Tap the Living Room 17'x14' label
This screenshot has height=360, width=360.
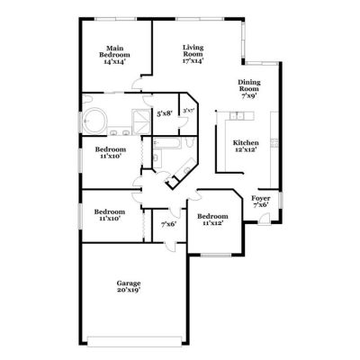click(193, 54)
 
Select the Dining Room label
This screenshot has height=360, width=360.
click(249, 85)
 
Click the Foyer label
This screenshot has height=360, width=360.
click(261, 198)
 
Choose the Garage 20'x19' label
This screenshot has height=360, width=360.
click(129, 286)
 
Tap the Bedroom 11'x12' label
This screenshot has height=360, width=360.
click(212, 220)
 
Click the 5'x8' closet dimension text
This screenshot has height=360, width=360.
click(165, 113)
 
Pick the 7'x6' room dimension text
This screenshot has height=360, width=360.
click(169, 224)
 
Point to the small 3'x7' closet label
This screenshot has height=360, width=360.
click(189, 111)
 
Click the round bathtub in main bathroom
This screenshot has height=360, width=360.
click(94, 121)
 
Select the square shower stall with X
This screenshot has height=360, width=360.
click(141, 121)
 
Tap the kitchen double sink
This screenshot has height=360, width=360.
click(238, 115)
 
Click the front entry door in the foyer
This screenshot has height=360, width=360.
click(264, 218)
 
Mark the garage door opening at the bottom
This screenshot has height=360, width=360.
click(134, 341)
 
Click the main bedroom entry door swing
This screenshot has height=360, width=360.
click(137, 83)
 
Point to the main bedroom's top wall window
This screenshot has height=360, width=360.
click(115, 19)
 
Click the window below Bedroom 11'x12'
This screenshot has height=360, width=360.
click(215, 256)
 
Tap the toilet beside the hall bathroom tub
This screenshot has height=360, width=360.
click(189, 141)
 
